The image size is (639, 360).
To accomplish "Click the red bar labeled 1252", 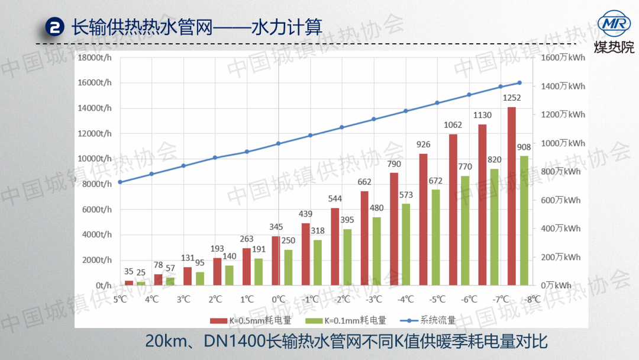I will coord(511,196).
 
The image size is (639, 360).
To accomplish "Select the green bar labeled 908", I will coord(524,220).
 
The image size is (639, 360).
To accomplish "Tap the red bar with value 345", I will coord(276,261).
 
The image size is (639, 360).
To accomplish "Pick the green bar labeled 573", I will coord(406,245).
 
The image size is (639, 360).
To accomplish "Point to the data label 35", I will coord(129,272).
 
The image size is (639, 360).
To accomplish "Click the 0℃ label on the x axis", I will coord(278,300).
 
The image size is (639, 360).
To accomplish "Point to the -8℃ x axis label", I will coord(532,300).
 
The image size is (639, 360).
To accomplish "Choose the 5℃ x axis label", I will coord(121,300).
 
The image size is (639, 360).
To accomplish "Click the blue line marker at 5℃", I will coord(120,182).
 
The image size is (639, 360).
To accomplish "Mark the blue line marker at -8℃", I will coord(519,83).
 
